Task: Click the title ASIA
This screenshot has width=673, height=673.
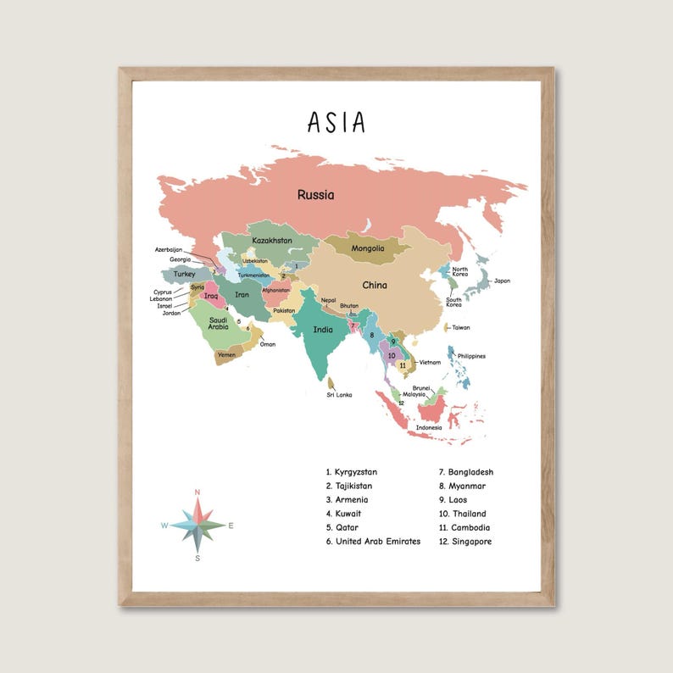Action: tap(336, 123)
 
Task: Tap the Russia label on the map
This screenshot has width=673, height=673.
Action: tap(315, 195)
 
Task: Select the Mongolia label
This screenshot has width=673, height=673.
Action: tap(368, 248)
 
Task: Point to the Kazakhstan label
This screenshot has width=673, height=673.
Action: tap(272, 241)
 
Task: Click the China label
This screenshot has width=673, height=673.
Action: tap(375, 286)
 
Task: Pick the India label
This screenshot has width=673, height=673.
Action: tap(323, 330)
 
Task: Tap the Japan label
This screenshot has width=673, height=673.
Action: tap(502, 281)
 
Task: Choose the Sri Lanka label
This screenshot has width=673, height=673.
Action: tap(339, 395)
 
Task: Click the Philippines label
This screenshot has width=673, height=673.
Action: tap(471, 356)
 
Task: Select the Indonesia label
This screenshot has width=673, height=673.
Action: tap(429, 427)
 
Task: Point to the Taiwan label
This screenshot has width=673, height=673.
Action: tap(460, 327)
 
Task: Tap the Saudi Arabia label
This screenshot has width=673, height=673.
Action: tap(219, 322)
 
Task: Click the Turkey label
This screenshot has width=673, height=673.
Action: tap(185, 275)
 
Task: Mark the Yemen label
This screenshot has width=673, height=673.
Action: tap(226, 355)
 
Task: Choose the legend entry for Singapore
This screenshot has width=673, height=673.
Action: tap(470, 542)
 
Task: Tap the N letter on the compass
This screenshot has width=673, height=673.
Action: tap(197, 492)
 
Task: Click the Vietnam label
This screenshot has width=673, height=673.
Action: tap(430, 362)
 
